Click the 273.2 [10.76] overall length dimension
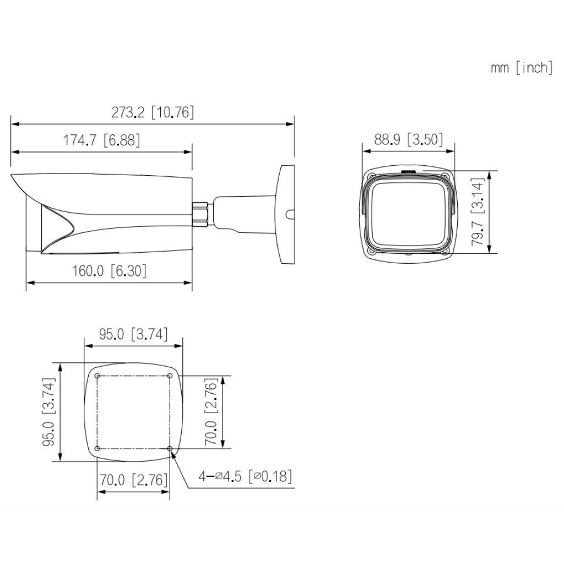pyautogui.click(x=153, y=112)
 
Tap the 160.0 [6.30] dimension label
pyautogui.click(x=109, y=271)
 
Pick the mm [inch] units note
pyautogui.click(x=521, y=68)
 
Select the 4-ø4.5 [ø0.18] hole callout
pyautogui.click(x=245, y=476)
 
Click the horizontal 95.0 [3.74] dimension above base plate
pyautogui.click(x=133, y=334)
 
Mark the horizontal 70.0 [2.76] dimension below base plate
pyautogui.click(x=133, y=480)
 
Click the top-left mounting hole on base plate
pyautogui.click(x=97, y=376)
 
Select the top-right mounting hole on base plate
pyautogui.click(x=170, y=376)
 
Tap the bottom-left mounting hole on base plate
pyautogui.click(x=97, y=449)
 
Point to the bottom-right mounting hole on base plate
pyautogui.click(x=170, y=449)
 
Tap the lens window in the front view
pyautogui.click(x=408, y=212)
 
